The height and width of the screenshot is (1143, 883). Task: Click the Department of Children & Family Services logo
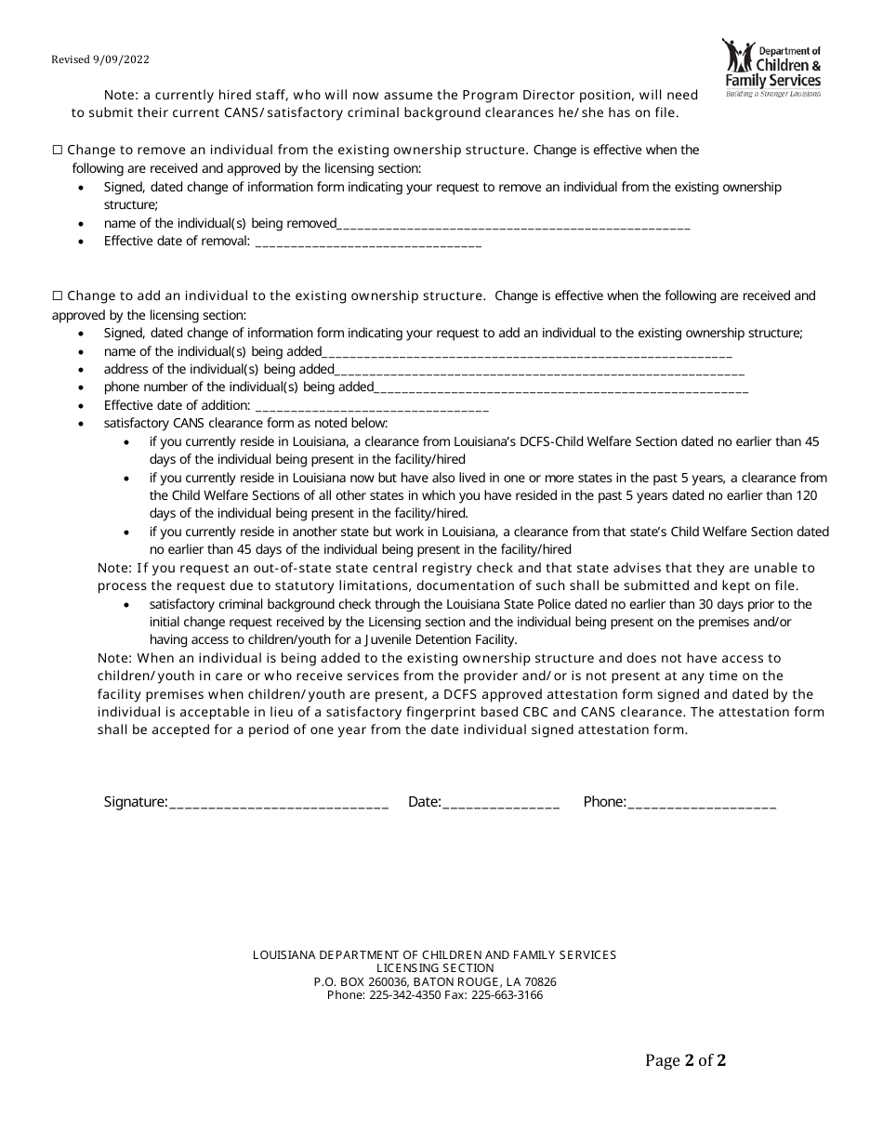click(771, 69)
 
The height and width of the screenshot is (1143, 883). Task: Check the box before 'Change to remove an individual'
click(58, 150)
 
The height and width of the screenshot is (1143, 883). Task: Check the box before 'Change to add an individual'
click(58, 296)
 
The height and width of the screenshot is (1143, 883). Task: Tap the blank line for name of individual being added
click(527, 353)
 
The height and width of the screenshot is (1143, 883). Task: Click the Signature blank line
click(279, 804)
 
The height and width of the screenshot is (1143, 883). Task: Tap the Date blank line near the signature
click(501, 804)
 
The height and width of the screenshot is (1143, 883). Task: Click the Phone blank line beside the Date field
click(702, 804)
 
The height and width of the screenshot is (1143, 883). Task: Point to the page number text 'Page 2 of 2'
click(686, 1060)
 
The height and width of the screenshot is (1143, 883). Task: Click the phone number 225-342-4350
click(402, 995)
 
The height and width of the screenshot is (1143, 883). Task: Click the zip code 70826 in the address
click(540, 982)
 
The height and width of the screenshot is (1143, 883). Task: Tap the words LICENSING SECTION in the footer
click(435, 968)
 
